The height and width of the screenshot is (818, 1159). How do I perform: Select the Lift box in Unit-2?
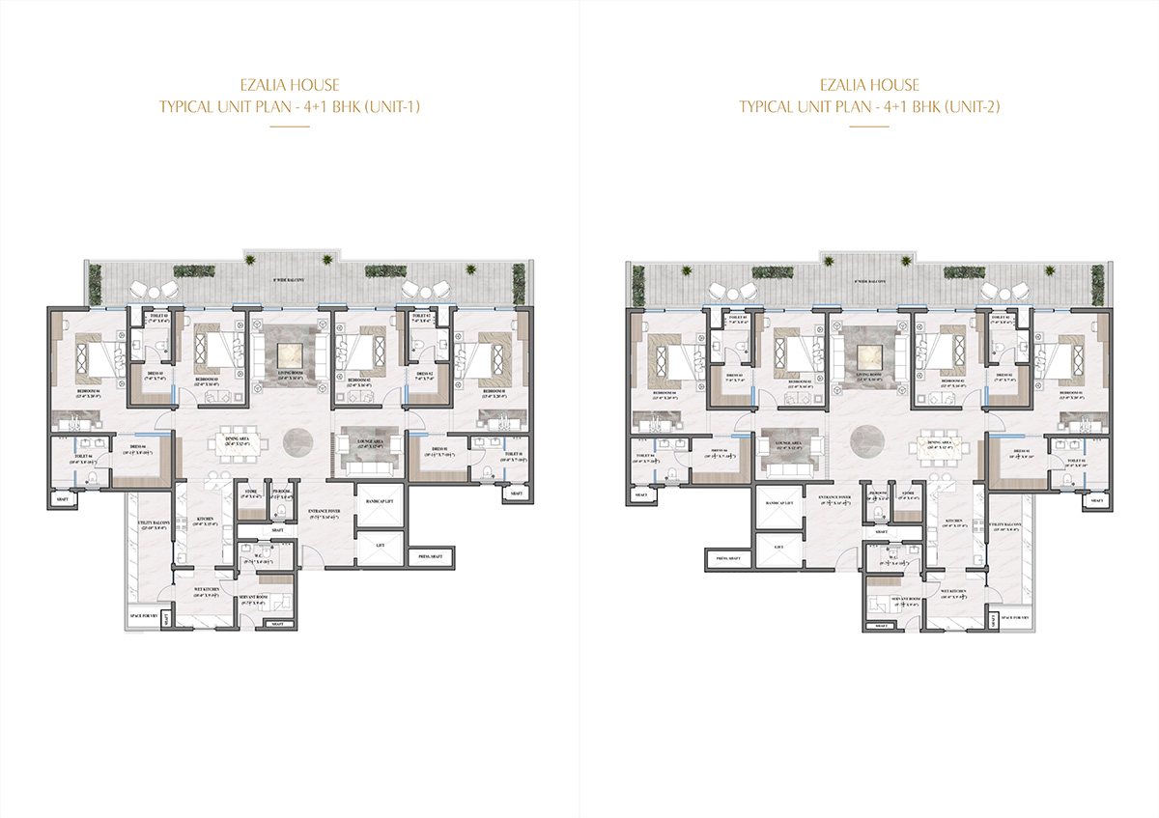[779, 547]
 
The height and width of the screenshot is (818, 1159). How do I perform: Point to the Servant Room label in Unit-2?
[890, 599]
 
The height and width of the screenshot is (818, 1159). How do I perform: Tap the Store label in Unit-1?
[249, 494]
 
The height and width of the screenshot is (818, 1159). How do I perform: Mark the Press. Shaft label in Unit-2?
[729, 557]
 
